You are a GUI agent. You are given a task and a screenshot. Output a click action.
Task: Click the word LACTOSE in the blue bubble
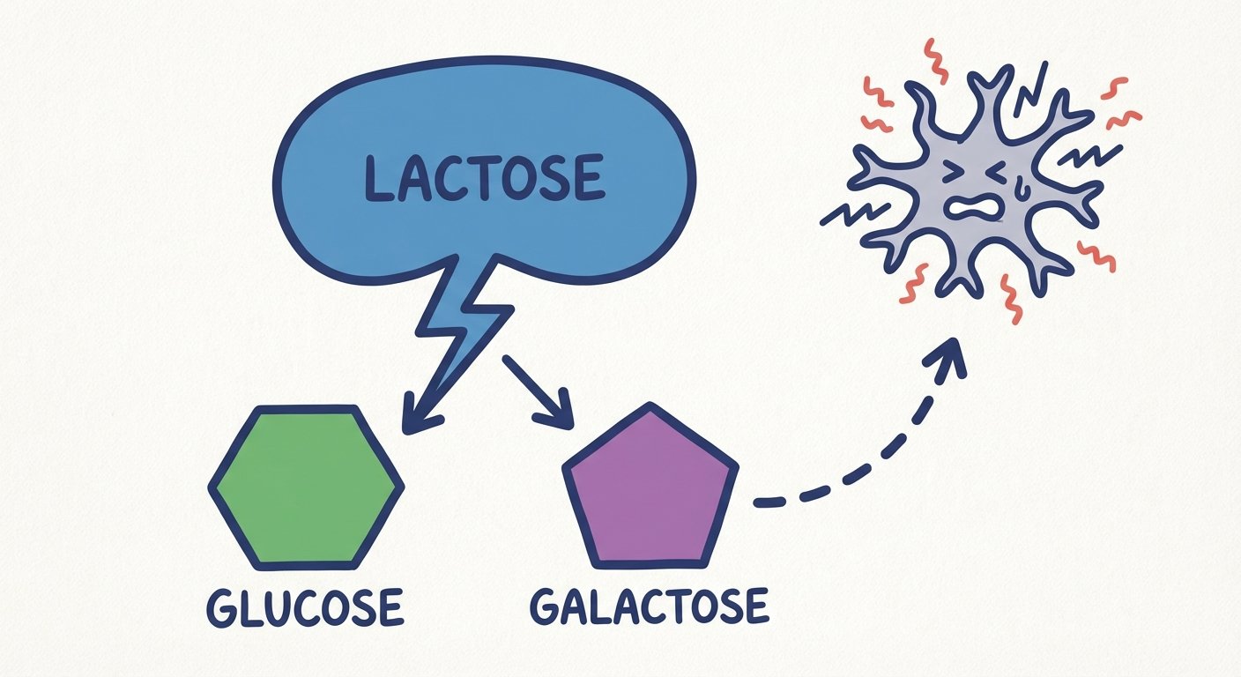pyautogui.click(x=484, y=175)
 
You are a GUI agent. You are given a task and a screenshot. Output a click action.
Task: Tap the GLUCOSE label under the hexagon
pyautogui.click(x=304, y=607)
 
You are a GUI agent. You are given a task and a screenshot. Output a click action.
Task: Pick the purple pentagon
pyautogui.click(x=650, y=492)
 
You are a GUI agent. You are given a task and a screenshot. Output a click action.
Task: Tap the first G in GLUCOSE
pyautogui.click(x=221, y=608)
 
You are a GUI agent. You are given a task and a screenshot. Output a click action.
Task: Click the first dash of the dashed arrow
pyautogui.click(x=769, y=502)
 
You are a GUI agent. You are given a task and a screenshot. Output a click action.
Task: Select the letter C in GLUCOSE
pyautogui.click(x=303, y=608)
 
